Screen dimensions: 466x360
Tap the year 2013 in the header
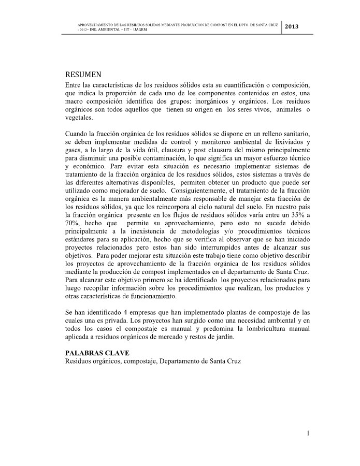(x=292, y=26)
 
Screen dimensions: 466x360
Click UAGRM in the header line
(x=139, y=30)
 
